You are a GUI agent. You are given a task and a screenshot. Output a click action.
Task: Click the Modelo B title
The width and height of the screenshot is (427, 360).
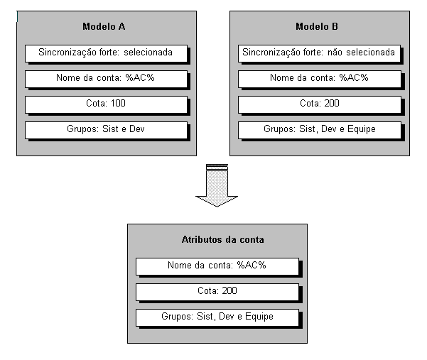click(x=317, y=27)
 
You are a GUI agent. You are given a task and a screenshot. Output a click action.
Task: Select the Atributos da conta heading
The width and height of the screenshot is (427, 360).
click(x=217, y=241)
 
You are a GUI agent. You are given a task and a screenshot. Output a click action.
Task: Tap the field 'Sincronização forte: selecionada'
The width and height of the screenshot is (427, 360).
click(x=106, y=53)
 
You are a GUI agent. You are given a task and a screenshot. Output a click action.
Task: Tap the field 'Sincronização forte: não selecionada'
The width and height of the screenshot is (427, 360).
click(x=318, y=53)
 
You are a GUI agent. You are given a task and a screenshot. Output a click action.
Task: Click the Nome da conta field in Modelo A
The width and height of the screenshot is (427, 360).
click(x=106, y=78)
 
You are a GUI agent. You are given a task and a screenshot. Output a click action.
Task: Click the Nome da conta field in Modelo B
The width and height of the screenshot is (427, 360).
click(x=318, y=78)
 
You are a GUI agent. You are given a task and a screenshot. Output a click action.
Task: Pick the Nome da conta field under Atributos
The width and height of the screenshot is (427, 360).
click(x=217, y=266)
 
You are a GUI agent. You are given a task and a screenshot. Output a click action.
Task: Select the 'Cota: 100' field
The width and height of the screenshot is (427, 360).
click(x=106, y=104)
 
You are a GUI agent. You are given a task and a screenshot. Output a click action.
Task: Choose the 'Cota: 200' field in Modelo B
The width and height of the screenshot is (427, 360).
click(x=318, y=104)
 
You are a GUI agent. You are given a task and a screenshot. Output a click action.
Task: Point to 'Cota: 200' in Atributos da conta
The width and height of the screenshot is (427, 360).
click(x=217, y=291)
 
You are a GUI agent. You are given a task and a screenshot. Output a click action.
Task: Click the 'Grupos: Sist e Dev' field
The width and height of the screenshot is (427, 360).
click(x=106, y=130)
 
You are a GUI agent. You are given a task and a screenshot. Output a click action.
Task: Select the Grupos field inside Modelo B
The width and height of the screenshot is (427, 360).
click(x=318, y=130)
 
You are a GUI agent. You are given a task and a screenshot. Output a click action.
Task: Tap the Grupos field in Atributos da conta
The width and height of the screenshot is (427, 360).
click(x=217, y=317)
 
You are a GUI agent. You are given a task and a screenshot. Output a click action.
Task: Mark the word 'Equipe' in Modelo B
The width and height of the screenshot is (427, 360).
click(x=361, y=130)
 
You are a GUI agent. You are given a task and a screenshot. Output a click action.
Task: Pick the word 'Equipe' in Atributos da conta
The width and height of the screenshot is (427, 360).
click(x=259, y=317)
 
